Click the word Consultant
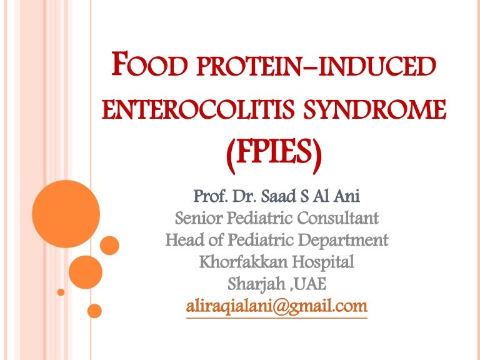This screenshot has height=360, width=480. [338, 219]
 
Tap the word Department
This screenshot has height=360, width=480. [344, 240]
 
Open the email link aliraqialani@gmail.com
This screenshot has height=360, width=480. [276, 306]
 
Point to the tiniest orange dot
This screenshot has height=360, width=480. [61, 292]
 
